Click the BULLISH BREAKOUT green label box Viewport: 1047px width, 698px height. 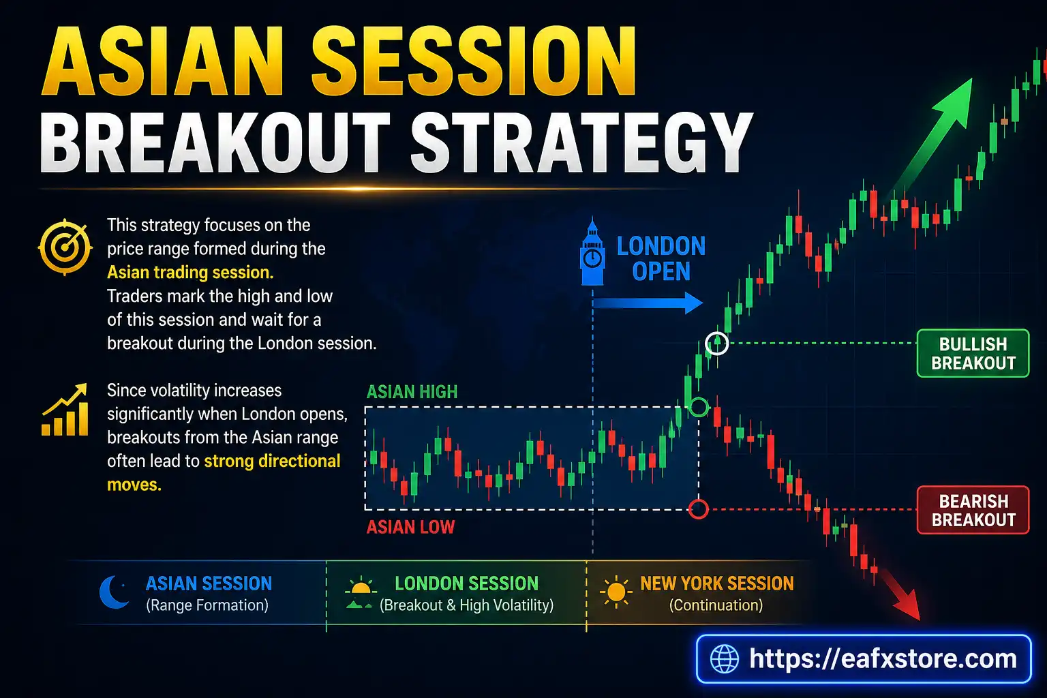[x=973, y=354]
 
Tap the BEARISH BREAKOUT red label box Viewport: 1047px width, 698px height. [x=973, y=511]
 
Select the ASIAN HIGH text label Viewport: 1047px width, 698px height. [x=412, y=392]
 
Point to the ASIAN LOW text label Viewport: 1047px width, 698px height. [x=410, y=527]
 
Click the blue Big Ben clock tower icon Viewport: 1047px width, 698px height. [x=592, y=253]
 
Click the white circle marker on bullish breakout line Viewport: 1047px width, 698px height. [x=716, y=343]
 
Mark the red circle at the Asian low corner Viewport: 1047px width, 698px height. [x=699, y=509]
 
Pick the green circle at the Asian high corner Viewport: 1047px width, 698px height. [x=699, y=408]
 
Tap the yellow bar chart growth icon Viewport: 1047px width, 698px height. [x=65, y=410]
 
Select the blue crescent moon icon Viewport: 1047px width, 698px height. [x=114, y=592]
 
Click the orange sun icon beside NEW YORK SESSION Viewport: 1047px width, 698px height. [x=616, y=592]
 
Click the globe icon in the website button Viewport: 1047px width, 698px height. [x=724, y=659]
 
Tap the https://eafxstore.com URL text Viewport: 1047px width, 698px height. [x=882, y=659]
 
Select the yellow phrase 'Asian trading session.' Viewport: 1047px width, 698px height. [x=190, y=273]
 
